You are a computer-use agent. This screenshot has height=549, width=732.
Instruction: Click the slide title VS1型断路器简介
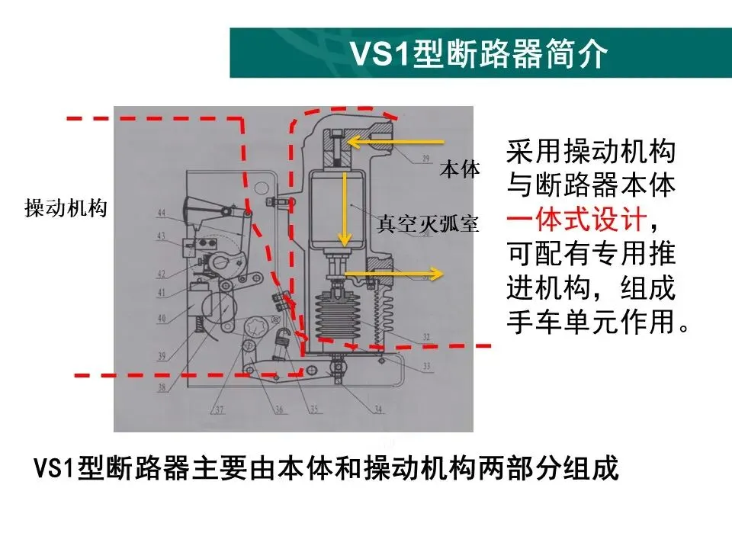click(x=478, y=54)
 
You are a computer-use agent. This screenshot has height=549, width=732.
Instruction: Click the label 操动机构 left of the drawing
click(x=66, y=208)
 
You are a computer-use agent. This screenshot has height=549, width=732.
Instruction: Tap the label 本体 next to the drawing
click(x=460, y=169)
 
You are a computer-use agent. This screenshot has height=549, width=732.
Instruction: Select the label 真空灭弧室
click(x=428, y=224)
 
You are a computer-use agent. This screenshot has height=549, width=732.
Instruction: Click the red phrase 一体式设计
click(x=576, y=223)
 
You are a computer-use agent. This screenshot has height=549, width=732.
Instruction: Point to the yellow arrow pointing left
click(x=394, y=141)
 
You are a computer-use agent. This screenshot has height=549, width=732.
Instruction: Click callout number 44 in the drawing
click(x=161, y=212)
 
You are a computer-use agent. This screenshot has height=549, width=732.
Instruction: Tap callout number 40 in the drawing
click(x=161, y=318)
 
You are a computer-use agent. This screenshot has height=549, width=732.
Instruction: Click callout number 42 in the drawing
click(x=161, y=274)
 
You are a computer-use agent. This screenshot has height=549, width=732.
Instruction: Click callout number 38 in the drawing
click(x=161, y=387)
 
